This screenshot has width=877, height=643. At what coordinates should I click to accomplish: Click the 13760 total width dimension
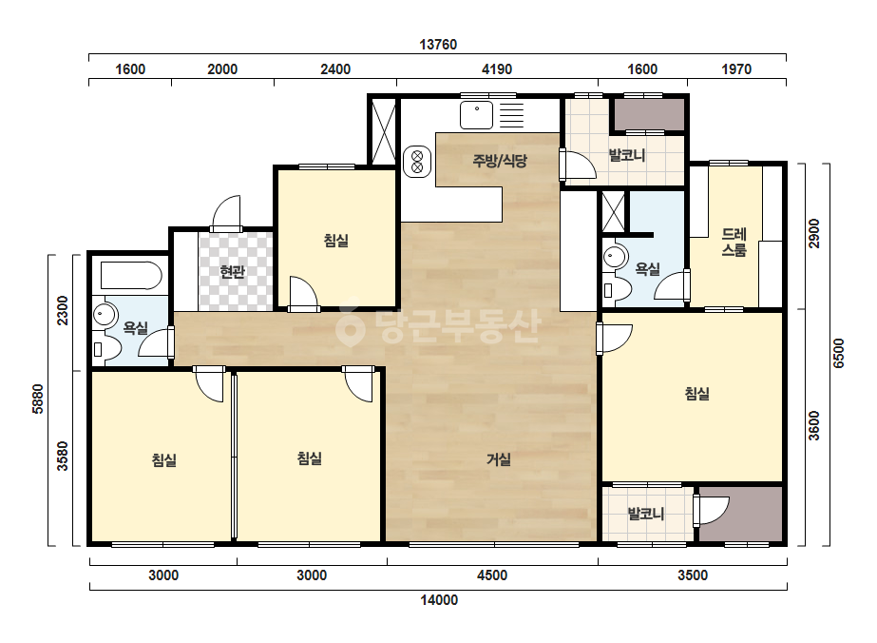tap(439, 45)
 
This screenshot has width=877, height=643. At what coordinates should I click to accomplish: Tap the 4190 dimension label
tap(497, 68)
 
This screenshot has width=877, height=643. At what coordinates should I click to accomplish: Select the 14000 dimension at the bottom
tap(439, 600)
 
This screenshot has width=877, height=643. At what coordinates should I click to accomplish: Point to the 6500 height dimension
tap(838, 354)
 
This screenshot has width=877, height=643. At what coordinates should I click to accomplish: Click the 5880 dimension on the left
tap(38, 399)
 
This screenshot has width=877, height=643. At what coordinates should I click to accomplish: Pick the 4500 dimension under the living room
tap(492, 575)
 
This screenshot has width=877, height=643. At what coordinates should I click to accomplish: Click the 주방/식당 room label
tap(500, 161)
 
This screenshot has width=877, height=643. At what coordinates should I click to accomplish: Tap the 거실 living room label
tap(498, 459)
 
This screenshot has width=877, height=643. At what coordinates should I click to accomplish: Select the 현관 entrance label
tap(232, 272)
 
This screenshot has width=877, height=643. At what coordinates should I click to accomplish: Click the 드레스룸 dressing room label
tap(734, 242)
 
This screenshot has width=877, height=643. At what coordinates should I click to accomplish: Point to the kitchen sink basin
tap(477, 115)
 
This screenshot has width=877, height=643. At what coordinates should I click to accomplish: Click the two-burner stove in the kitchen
tap(417, 161)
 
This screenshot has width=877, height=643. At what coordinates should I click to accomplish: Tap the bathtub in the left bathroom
tap(131, 276)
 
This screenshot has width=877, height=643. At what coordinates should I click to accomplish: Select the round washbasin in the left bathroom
tap(105, 314)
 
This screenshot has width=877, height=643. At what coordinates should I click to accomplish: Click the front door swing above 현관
tap(226, 212)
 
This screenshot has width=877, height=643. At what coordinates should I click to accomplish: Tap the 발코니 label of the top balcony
tap(627, 155)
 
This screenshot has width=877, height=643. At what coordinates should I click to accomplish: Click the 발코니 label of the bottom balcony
tap(646, 514)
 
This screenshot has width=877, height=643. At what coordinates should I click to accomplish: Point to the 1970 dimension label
tap(736, 68)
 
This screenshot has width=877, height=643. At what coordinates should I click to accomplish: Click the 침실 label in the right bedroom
tap(696, 394)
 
